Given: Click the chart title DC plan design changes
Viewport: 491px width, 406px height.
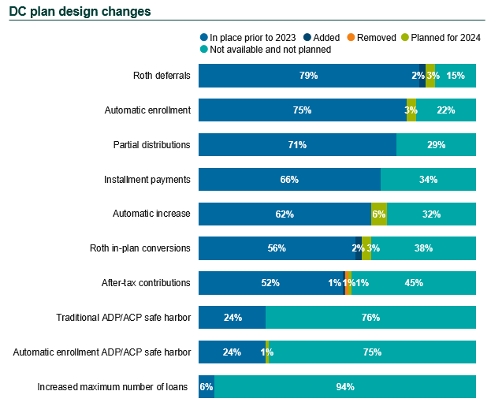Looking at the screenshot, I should coord(80,12).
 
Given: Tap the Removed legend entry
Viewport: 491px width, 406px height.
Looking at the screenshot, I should coord(370,37).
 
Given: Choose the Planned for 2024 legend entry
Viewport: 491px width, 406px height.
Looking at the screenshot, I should coord(441,37).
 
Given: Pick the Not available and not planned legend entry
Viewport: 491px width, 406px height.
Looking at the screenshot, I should coord(270,49).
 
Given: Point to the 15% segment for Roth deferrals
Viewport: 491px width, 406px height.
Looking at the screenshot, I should coord(456,76).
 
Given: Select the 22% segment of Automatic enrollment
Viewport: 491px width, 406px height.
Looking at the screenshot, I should coord(446,110).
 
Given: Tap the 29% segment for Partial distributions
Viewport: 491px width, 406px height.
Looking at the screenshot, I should coord(436,145).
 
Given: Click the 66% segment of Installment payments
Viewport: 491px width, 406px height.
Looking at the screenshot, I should coord(289,180).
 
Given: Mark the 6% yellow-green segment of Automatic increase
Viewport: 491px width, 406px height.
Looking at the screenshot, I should coord(379,214).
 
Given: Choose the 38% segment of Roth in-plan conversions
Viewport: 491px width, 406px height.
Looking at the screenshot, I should coord(423,248).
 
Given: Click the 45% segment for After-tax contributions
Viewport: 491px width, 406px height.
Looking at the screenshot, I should coord(414,283).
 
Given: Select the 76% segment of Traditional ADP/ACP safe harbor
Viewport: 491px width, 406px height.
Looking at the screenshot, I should coord(370,318).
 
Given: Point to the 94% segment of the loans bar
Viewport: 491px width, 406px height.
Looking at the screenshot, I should coord(345,387).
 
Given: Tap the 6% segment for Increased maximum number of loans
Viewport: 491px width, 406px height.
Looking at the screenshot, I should coord(206,387).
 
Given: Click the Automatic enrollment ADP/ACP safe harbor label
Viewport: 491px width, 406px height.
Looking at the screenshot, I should coord(102,352).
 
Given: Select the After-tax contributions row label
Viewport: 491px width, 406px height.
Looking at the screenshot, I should coord(146,283).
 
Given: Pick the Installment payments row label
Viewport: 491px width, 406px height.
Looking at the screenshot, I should coord(147,180).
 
